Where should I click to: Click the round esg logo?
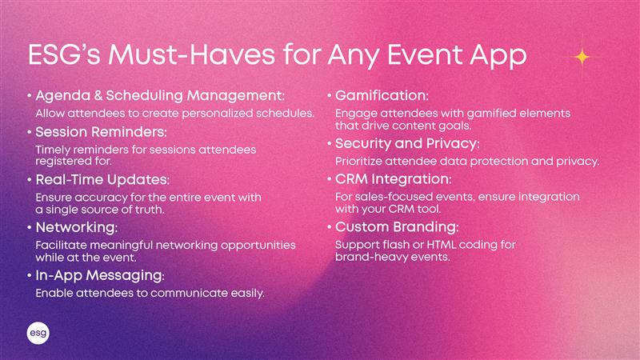click(x=38, y=333)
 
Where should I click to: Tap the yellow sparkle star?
click(x=582, y=57)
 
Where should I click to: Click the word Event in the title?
click(x=425, y=54)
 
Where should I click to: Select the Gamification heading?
click(x=382, y=95)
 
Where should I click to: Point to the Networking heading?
click(x=77, y=227)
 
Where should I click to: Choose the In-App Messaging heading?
click(x=100, y=275)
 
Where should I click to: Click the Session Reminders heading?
click(x=102, y=132)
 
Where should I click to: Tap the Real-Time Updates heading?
click(x=102, y=179)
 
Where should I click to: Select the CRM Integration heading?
click(x=394, y=179)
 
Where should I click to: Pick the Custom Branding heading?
click(x=397, y=227)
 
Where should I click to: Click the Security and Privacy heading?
click(x=407, y=144)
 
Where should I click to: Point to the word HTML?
click(x=441, y=245)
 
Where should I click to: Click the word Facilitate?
click(x=62, y=246)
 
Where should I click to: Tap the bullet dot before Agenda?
click(x=30, y=96)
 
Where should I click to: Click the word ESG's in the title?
click(x=64, y=54)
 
